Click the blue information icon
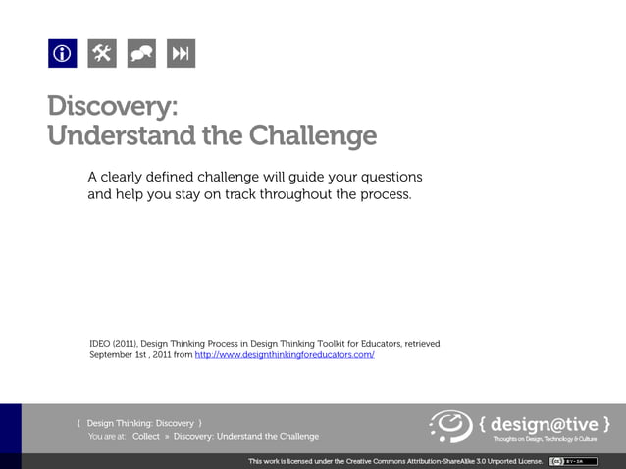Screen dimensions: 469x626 [x=63, y=54]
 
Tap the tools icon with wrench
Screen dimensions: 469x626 [x=102, y=54]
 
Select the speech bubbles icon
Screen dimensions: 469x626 [x=141, y=54]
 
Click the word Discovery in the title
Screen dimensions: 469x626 [x=109, y=106]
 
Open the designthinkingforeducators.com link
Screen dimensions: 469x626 [x=285, y=355]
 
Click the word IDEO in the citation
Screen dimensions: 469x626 [x=101, y=343]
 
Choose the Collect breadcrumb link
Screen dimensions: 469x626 [x=145, y=436]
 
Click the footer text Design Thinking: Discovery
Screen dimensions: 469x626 [x=139, y=423]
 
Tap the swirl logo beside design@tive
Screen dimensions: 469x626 [x=450, y=425]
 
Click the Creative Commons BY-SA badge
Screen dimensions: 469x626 [x=572, y=460]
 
